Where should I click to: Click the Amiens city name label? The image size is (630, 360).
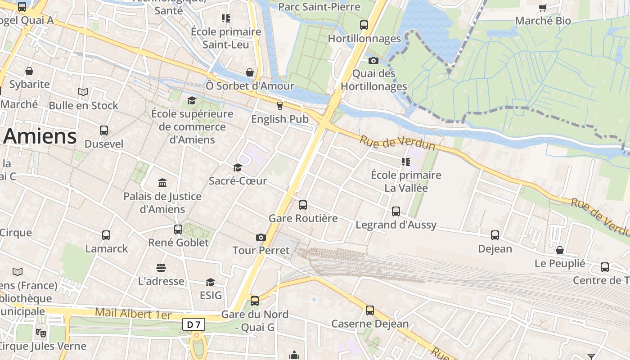40,136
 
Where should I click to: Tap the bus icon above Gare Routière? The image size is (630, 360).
303,205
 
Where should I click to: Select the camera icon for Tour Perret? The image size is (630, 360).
261,237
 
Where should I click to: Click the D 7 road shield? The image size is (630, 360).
194,324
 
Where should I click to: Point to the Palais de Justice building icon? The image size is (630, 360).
162,183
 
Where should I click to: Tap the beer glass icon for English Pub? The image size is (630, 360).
280,106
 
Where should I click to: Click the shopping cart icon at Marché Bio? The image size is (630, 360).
543,8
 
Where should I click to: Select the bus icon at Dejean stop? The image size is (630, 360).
495,235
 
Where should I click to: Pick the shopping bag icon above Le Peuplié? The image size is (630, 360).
560,250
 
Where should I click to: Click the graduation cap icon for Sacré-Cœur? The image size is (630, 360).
238,168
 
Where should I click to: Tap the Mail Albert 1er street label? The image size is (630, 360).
133,314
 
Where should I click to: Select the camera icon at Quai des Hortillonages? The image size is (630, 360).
373,60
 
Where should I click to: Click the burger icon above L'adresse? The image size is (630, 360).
161,268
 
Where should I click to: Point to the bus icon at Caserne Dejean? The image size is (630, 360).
370,310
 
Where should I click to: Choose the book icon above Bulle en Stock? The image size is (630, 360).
83,92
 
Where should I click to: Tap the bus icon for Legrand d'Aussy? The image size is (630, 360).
396,211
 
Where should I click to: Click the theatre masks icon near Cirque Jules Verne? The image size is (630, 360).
41,333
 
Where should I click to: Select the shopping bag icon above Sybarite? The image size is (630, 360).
29,71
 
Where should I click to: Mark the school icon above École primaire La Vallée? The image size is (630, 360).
406,162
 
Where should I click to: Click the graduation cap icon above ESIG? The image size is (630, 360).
210,282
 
